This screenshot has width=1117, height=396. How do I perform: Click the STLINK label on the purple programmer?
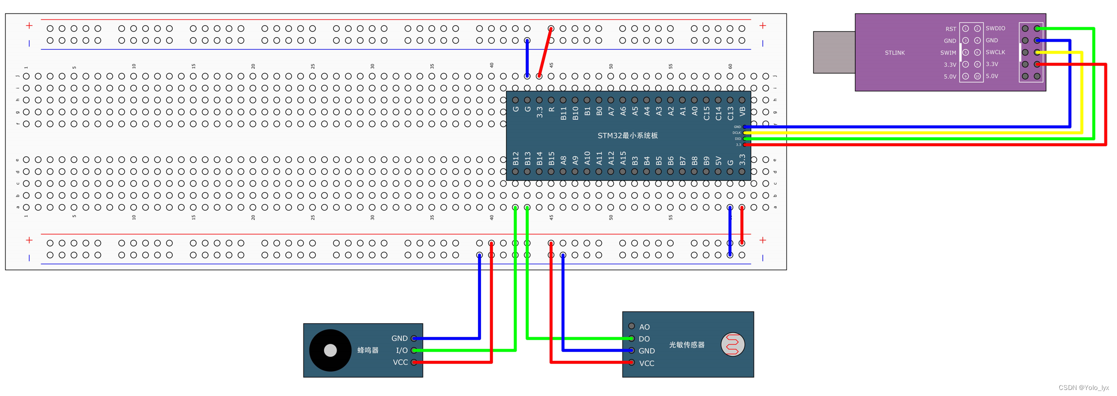coord(894,53)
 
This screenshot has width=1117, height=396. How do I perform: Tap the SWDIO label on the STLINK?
coord(995,29)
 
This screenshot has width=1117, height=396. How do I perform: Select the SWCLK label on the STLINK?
coord(995,52)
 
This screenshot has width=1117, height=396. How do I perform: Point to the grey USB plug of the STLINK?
coord(834,52)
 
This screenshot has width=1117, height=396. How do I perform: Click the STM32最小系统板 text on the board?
coord(627,135)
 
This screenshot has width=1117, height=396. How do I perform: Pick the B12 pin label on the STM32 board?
coord(516,159)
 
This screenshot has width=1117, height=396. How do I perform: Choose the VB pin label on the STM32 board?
coord(742,111)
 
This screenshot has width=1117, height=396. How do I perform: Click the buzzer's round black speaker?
coord(330,350)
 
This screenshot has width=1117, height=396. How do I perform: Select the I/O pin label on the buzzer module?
coord(402,350)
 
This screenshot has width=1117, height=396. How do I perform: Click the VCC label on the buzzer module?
coord(400,362)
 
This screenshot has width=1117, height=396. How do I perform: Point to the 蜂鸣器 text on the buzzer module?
coord(368,350)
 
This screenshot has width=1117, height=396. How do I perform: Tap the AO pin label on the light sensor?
coord(645,327)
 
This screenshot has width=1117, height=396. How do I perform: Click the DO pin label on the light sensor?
coord(645,339)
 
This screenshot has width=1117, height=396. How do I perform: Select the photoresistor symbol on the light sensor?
coord(733,345)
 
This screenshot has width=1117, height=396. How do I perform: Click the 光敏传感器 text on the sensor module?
coord(687,345)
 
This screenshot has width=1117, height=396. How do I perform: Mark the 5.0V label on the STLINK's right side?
coord(992,76)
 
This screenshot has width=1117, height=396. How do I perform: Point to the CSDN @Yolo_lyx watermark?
coord(1083,387)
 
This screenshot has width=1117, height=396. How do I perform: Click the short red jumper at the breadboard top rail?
coord(545,52)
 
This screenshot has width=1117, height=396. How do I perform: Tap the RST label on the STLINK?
coord(950,29)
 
